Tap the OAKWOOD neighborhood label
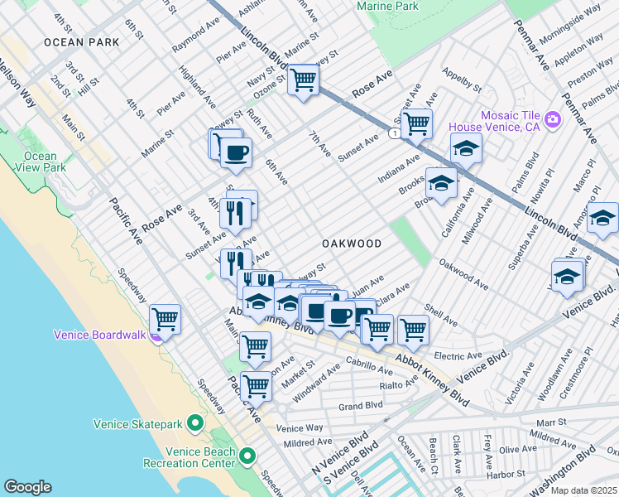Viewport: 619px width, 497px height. tap(352, 244)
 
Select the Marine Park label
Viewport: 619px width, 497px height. tap(387, 7)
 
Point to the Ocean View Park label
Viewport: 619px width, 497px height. tap(40, 162)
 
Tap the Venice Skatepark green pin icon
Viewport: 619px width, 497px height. tap(195, 424)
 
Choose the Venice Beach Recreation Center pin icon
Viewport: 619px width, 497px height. tap(247, 456)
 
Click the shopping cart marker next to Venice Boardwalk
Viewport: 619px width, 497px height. tap(166, 318)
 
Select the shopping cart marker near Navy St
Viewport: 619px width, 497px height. tap(304, 80)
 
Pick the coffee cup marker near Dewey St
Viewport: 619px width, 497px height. tap(237, 152)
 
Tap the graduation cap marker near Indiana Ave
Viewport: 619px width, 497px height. tap(467, 149)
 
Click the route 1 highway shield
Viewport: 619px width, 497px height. tap(399, 133)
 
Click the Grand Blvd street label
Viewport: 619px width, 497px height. tap(361, 406)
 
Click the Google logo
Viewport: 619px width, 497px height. tap(27, 486)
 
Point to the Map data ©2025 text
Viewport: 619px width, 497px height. tap(583, 490)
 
